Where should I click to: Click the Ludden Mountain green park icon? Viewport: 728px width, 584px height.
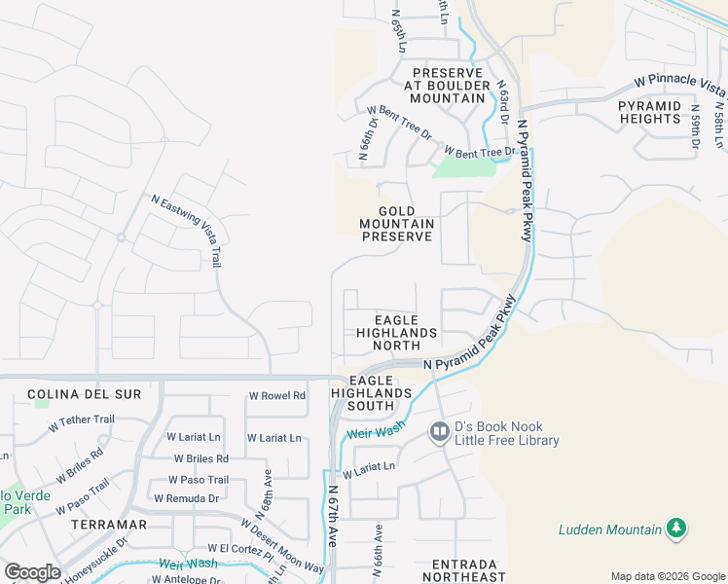click(676, 529)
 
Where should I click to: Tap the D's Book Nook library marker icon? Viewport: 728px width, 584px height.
click(440, 431)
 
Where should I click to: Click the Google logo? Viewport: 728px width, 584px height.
click(32, 572)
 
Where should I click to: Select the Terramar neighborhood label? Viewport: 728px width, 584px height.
click(109, 524)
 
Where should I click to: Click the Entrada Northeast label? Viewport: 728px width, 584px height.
click(465, 570)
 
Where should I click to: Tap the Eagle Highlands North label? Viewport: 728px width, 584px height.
click(395, 332)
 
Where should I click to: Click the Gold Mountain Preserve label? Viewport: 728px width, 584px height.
click(396, 224)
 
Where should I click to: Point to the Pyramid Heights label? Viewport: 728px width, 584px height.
click(649, 112)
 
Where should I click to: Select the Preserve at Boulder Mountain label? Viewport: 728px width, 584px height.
click(448, 86)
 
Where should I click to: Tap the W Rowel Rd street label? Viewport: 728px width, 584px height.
click(277, 396)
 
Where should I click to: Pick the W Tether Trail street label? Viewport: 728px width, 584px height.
click(82, 423)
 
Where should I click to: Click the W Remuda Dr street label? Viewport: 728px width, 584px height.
click(187, 498)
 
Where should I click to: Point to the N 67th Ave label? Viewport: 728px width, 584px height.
click(331, 516)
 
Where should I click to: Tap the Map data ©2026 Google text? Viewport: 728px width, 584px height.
click(667, 576)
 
